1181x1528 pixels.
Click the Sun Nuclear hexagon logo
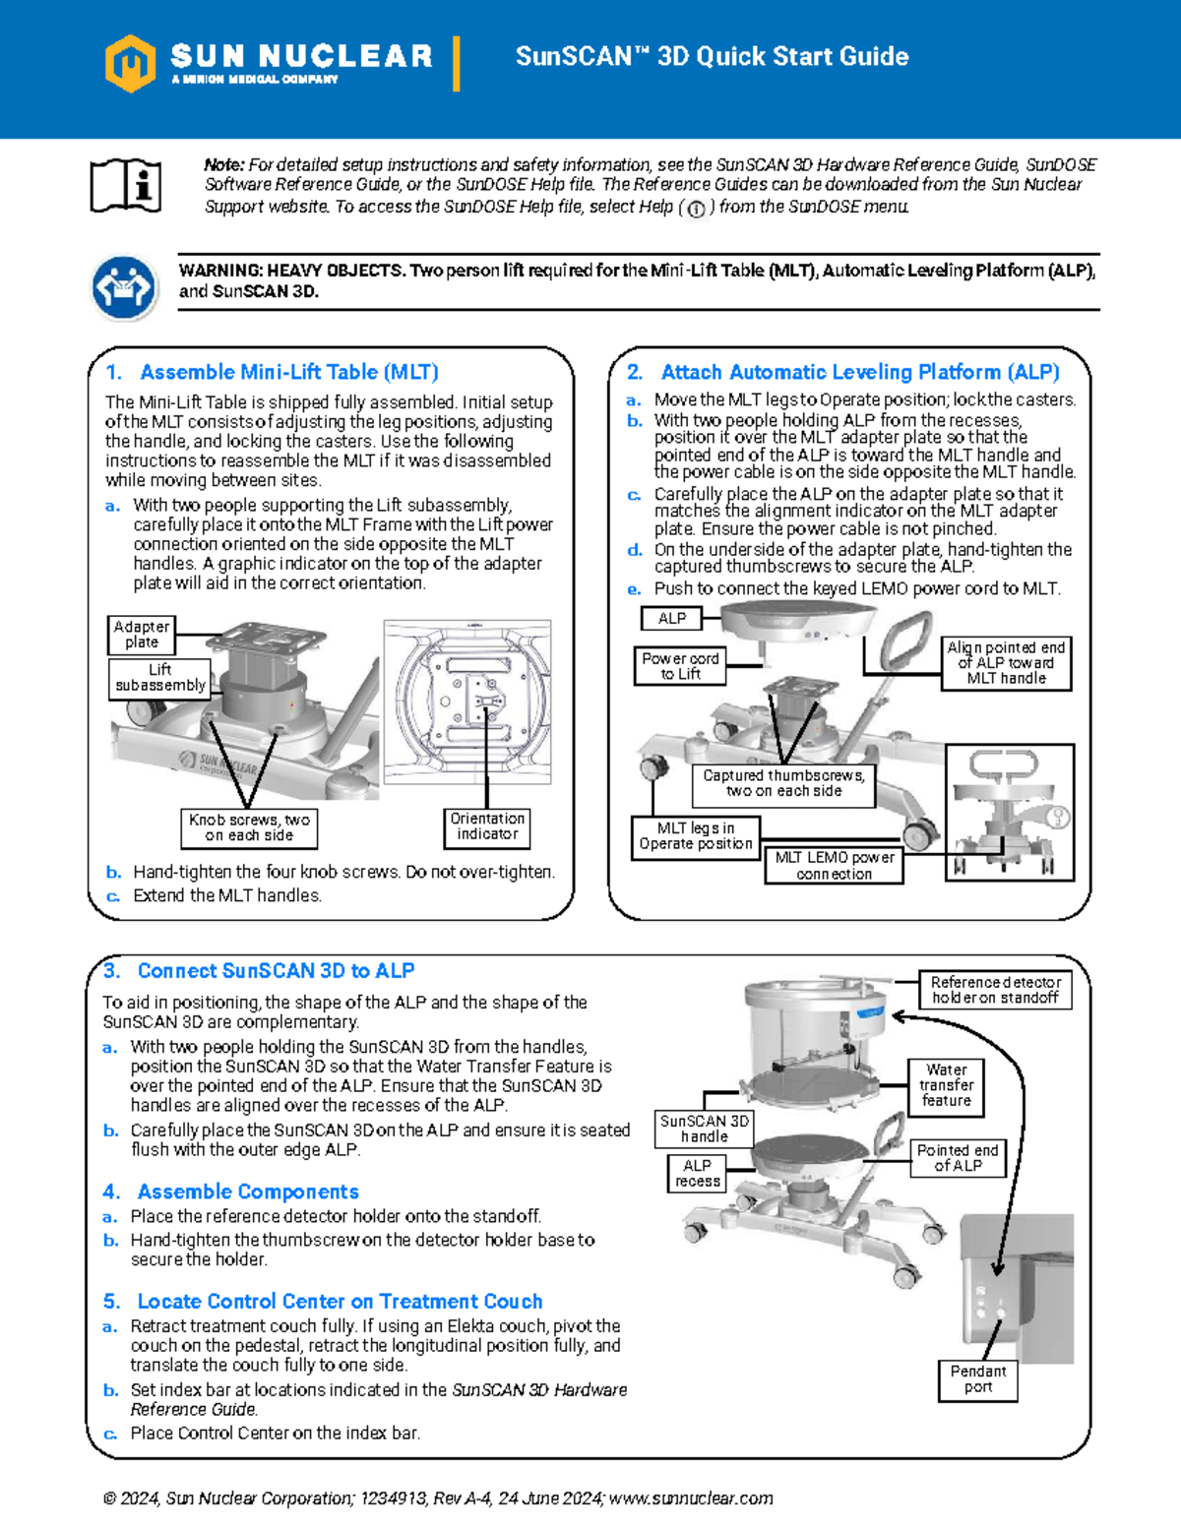click(x=130, y=63)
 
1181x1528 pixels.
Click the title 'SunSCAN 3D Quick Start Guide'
click(x=712, y=56)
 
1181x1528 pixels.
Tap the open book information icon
click(x=125, y=185)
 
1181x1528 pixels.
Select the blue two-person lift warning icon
click(x=123, y=288)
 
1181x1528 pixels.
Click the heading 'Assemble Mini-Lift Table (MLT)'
click(x=288, y=372)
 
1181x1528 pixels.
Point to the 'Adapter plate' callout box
click(x=141, y=635)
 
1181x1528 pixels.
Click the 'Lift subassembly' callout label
click(x=160, y=677)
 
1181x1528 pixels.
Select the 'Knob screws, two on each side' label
click(x=249, y=827)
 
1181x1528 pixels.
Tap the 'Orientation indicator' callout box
click(x=487, y=826)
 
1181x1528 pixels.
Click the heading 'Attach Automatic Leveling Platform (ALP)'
click(x=859, y=372)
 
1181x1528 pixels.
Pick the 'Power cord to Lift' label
click(x=680, y=666)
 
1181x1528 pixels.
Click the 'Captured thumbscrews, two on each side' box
click(x=783, y=783)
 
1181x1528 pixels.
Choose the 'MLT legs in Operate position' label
click(x=695, y=836)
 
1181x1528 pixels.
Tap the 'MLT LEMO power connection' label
click(x=834, y=865)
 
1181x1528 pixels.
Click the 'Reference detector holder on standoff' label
click(x=995, y=990)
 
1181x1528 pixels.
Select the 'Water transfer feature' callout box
click(x=946, y=1085)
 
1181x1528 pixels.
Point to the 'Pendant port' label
click(x=977, y=1379)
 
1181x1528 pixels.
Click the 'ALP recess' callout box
click(x=697, y=1173)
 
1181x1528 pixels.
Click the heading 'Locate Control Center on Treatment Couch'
click(x=340, y=1301)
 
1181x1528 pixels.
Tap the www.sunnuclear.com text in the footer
click(x=691, y=1498)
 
